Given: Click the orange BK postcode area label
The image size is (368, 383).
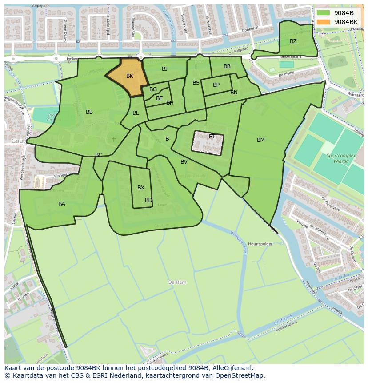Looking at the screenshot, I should pyautogui.click(x=130, y=76).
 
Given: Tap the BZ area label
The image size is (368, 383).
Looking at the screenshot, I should pyautogui.click(x=293, y=41).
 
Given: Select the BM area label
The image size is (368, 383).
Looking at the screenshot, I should pyautogui.click(x=261, y=140).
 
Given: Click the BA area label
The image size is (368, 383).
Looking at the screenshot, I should pyautogui.click(x=62, y=204).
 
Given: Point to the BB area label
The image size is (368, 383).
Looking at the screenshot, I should pyautogui.click(x=89, y=112).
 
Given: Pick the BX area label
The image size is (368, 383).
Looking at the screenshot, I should pyautogui.click(x=141, y=188).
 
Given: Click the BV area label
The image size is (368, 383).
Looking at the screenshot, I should pyautogui.click(x=184, y=162).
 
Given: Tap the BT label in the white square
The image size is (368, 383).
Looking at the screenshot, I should pyautogui.click(x=212, y=137).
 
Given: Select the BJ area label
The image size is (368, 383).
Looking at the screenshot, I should pyautogui.click(x=165, y=69).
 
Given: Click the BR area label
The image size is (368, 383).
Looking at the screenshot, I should pyautogui.click(x=227, y=66).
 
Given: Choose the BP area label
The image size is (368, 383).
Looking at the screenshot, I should pyautogui.click(x=216, y=85).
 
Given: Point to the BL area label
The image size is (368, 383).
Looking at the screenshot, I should pyautogui.click(x=136, y=113).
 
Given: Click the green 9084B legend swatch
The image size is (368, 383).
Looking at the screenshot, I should pyautogui.click(x=324, y=13).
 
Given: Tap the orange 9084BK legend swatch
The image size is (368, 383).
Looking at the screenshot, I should pyautogui.click(x=324, y=21).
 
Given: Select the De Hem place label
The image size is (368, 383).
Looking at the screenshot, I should pyautogui.click(x=177, y=282).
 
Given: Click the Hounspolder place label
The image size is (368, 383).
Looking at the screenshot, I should pyautogui.click(x=260, y=244).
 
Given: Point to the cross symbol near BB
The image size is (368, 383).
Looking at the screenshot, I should pyautogui.click(x=114, y=139).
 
